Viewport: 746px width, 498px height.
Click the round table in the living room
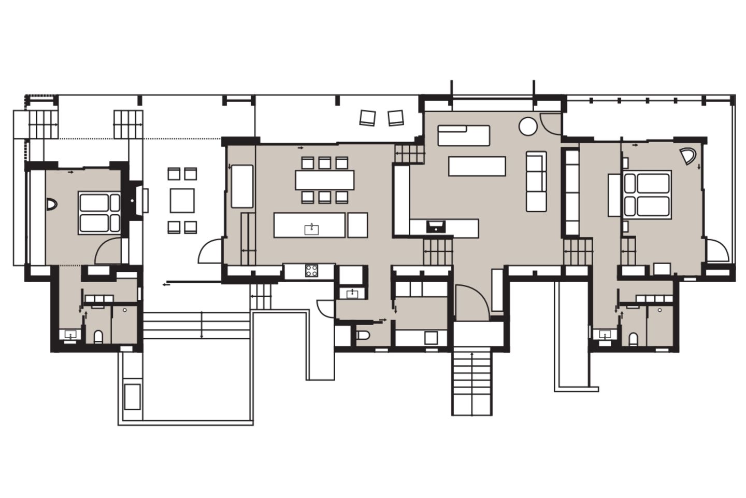528,126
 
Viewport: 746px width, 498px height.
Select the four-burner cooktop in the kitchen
312,270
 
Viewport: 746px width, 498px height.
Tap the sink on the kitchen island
311,229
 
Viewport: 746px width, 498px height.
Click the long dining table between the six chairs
325,180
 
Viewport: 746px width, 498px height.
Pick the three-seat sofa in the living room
536,181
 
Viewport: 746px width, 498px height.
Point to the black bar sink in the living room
435,226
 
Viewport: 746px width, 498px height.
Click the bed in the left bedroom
99,213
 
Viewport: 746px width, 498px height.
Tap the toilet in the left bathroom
98,338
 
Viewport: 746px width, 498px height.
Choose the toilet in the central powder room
363,335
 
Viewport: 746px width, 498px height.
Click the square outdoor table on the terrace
182,200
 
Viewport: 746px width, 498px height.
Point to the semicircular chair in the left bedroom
52,205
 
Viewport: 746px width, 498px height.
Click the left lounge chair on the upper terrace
367,118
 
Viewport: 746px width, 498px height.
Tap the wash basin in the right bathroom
604,335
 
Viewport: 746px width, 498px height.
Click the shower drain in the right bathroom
659,310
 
